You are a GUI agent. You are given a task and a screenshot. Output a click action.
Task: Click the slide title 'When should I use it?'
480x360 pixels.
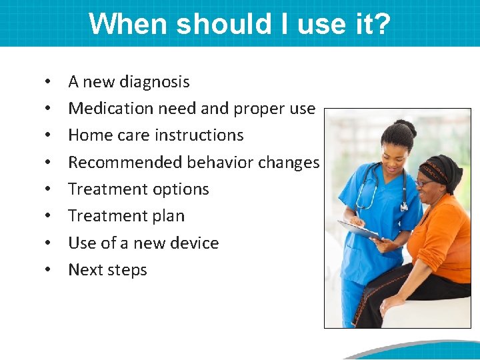click(239, 24)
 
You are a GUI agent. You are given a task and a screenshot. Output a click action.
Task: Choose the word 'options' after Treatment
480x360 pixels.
click(178, 189)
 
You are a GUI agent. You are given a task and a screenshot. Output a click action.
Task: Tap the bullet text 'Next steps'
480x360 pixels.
click(107, 270)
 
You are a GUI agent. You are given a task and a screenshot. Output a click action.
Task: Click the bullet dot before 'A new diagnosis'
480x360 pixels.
click(49, 83)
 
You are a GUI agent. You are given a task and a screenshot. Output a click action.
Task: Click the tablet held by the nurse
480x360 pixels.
click(360, 230)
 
